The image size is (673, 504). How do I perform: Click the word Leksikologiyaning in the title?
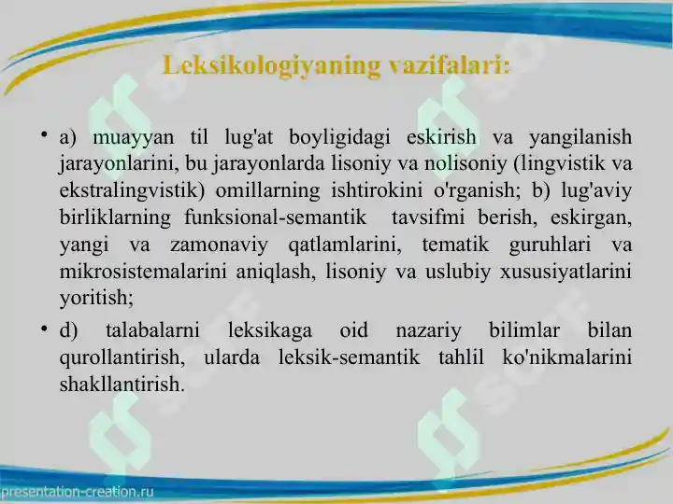tap(272, 66)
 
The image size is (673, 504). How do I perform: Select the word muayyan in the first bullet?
tap(134, 138)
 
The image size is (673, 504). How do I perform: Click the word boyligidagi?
tap(339, 137)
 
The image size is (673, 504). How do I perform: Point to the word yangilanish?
tap(580, 137)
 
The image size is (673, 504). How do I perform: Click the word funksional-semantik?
tap(275, 217)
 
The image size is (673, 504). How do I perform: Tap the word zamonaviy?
tap(219, 245)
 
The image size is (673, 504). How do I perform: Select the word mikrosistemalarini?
tap(143, 272)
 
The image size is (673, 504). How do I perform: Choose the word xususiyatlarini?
tap(566, 272)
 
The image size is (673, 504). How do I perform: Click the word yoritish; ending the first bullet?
tap(96, 298)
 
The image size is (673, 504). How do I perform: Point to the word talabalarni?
tap(152, 330)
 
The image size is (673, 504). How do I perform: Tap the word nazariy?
tap(428, 330)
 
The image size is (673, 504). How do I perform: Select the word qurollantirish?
tap(122, 357)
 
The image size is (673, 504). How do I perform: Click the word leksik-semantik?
tap(349, 357)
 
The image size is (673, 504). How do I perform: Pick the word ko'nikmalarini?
tap(567, 357)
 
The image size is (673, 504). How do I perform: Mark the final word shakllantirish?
tap(122, 384)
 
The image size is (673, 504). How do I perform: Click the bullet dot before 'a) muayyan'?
tap(44, 135)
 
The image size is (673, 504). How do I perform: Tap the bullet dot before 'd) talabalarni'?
tap(44, 329)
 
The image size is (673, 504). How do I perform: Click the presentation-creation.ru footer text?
tap(78, 492)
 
